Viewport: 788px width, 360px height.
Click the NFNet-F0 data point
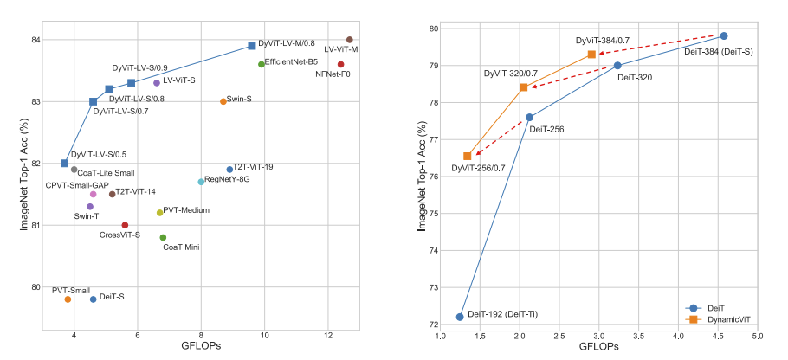(x=340, y=64)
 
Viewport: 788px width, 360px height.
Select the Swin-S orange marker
(x=223, y=101)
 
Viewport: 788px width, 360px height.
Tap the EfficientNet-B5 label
(x=291, y=62)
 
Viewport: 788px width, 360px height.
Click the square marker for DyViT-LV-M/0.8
(x=252, y=46)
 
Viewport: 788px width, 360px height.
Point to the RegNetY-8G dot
(x=201, y=182)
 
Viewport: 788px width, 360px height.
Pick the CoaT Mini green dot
(x=163, y=237)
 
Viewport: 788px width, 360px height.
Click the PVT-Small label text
(x=71, y=290)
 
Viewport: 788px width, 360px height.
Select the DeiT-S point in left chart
(x=94, y=299)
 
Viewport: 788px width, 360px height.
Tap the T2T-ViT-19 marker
(x=229, y=170)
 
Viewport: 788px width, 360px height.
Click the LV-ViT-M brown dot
(x=349, y=40)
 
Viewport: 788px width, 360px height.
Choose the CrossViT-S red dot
(x=125, y=225)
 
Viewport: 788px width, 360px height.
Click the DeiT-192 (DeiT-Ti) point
(x=460, y=317)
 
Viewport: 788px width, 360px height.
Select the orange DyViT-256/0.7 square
(x=468, y=156)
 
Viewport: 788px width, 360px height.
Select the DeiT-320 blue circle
(x=617, y=66)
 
